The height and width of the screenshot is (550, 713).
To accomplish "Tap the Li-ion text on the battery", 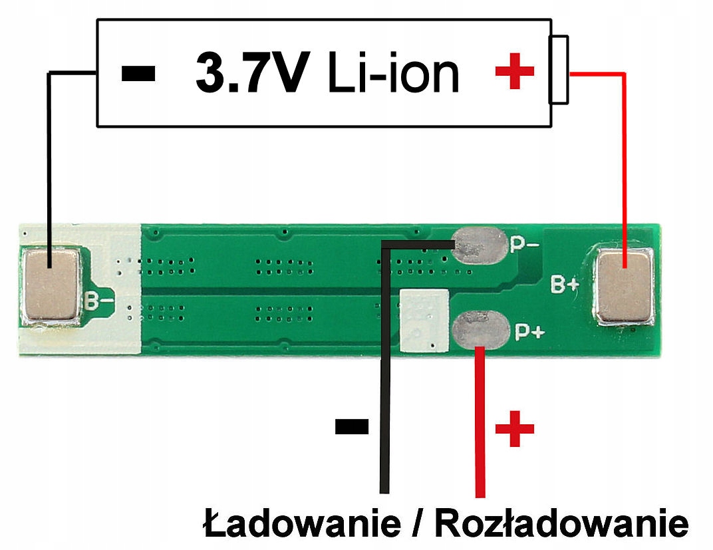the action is pos(393,73).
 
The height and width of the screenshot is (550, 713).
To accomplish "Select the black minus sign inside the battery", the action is pos(139,72).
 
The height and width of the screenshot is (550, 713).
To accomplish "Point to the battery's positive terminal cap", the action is pos(558,70).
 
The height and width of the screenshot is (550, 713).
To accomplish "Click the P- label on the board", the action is pos(525,245).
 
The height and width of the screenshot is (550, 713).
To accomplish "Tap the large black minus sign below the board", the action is pos(351,426).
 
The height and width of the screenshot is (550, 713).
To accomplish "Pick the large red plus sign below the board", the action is pos(515,429).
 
